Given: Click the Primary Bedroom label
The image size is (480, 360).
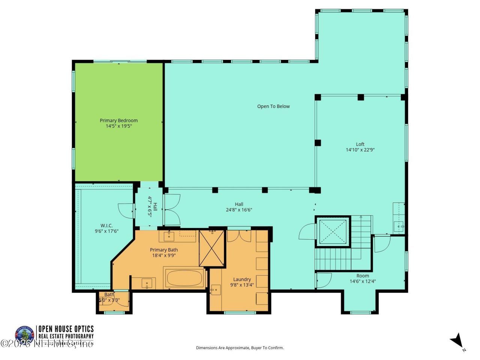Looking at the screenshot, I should pyautogui.click(x=118, y=120).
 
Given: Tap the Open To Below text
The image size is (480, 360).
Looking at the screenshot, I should pyautogui.click(x=273, y=106).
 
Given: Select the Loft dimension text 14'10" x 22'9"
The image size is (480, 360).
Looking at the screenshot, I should pyautogui.click(x=360, y=150).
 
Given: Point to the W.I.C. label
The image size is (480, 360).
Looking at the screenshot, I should pyautogui.click(x=104, y=226).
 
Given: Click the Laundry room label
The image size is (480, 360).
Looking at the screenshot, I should pyautogui.click(x=242, y=279).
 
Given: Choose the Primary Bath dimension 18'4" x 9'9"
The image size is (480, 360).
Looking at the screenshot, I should pyautogui.click(x=163, y=255).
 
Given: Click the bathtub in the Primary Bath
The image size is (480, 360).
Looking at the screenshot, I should pyautogui.click(x=184, y=278).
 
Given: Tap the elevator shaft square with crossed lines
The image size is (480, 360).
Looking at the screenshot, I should pyautogui.click(x=333, y=231).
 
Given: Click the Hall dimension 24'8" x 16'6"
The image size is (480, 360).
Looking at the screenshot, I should pyautogui.click(x=239, y=210).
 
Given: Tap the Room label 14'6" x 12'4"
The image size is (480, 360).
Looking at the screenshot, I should pyautogui.click(x=363, y=281).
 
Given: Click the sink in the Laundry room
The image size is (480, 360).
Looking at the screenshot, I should pyautogui.click(x=215, y=290).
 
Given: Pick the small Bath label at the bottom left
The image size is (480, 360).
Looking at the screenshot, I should pyautogui.click(x=109, y=295).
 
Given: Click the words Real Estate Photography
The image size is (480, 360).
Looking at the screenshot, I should pyautogui.click(x=66, y=336).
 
